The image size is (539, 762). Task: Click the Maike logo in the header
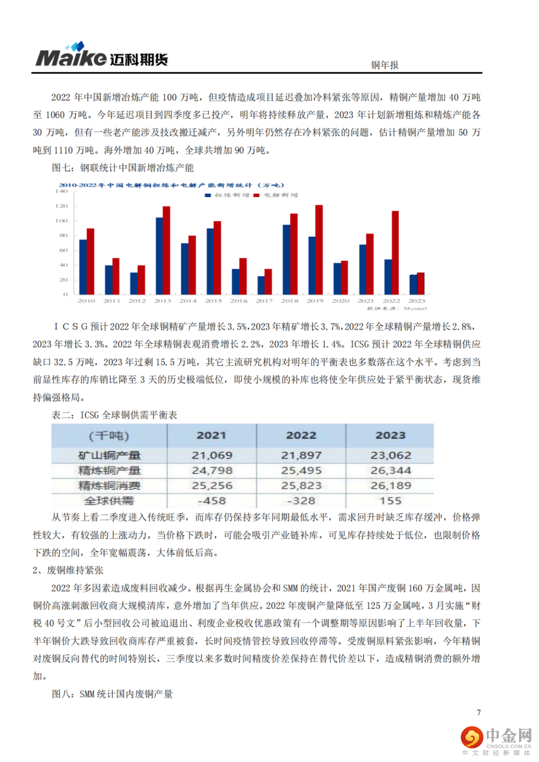[x=101, y=55]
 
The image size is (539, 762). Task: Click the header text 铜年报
[x=384, y=65]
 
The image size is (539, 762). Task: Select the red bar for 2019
[x=319, y=250]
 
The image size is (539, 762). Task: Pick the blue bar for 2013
[x=159, y=255]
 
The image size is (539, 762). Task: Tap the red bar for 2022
[x=395, y=252]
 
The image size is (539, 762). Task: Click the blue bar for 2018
[x=286, y=259]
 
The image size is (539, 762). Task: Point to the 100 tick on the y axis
[x=61, y=221]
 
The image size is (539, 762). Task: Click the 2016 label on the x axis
[x=239, y=301]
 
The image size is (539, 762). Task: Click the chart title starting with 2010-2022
[x=171, y=185]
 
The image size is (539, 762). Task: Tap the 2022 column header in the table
[x=301, y=435]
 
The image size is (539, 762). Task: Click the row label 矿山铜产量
[x=109, y=455]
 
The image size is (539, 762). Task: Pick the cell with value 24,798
[x=212, y=471]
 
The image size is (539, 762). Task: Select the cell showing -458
[x=212, y=501]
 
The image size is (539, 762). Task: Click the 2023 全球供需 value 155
[x=390, y=501]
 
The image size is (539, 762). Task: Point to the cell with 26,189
[x=390, y=486]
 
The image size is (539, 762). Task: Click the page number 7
[x=479, y=712]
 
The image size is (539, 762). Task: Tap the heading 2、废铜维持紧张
[x=68, y=570]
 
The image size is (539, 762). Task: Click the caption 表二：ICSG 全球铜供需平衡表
[x=114, y=415]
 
